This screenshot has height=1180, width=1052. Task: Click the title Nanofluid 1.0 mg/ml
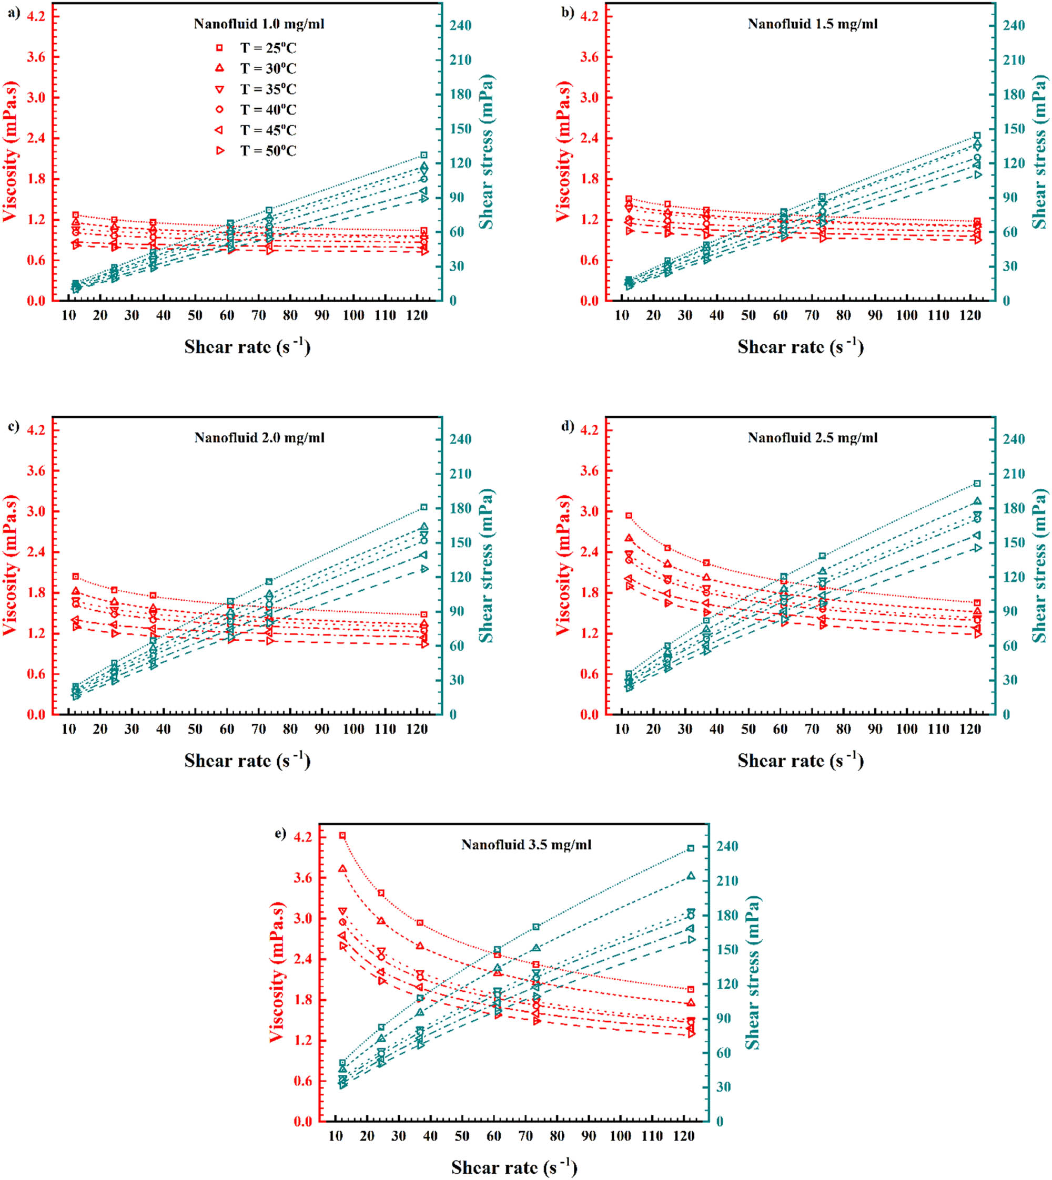(259, 24)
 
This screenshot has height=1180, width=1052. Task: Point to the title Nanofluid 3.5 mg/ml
(526, 845)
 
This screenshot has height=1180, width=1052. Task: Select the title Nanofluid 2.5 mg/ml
(812, 438)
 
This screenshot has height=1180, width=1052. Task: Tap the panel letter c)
(14, 427)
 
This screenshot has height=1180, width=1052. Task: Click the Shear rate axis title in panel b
(801, 347)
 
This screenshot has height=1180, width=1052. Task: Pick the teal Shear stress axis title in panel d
(1040, 566)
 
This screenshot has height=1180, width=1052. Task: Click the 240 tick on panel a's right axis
(461, 25)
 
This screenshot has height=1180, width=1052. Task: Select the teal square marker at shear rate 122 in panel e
(691, 848)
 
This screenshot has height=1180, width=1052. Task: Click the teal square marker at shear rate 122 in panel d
(977, 484)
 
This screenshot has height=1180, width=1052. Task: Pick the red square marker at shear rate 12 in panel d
(629, 516)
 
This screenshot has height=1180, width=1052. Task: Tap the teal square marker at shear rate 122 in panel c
(423, 507)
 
